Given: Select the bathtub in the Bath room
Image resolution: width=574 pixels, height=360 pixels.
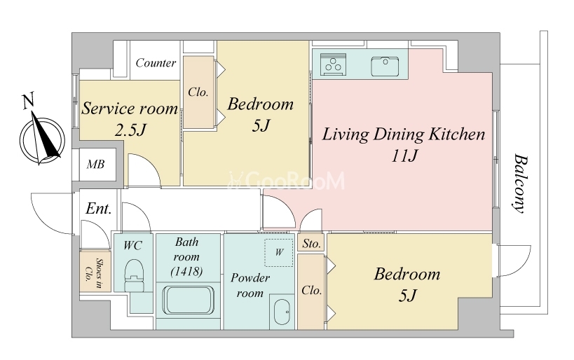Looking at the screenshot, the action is pyautogui.click(x=188, y=300).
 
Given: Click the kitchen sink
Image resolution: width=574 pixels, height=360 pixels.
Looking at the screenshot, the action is pyautogui.click(x=385, y=67).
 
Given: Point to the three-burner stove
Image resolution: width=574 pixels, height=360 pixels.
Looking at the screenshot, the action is pyautogui.click(x=333, y=64).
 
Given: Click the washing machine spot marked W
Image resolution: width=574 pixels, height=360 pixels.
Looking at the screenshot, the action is pyautogui.click(x=279, y=252).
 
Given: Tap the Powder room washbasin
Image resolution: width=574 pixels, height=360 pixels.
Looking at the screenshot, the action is pyautogui.click(x=282, y=312).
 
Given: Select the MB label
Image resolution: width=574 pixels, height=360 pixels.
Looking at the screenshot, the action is pyautogui.click(x=95, y=165).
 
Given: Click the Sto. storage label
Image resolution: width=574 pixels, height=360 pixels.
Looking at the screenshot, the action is pyautogui.click(x=311, y=244).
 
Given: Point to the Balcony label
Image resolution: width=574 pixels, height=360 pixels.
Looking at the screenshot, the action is pyautogui.click(x=520, y=184).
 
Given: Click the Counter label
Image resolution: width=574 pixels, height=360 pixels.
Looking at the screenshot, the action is pyautogui.click(x=156, y=63).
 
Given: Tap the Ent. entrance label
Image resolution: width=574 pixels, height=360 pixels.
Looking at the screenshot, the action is pyautogui.click(x=99, y=209).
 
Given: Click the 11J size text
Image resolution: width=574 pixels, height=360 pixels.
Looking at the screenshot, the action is pyautogui.click(x=404, y=157).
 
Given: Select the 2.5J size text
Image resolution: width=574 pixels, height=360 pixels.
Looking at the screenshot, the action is pyautogui.click(x=130, y=130).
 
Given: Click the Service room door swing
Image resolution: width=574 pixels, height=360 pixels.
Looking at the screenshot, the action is pyautogui.click(x=144, y=169).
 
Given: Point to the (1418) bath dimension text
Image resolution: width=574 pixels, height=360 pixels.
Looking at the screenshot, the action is pyautogui.click(x=186, y=272).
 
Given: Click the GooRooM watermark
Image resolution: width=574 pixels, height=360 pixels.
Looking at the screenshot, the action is pyautogui.click(x=287, y=181).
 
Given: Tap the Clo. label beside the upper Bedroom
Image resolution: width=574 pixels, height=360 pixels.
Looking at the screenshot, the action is pyautogui.click(x=198, y=92).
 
